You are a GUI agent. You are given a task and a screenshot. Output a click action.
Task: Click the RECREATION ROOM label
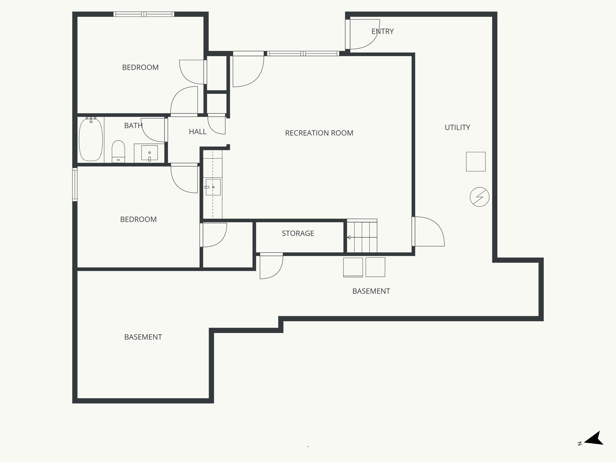coord(319,133)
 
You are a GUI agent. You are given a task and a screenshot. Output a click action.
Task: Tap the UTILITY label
coord(457,128)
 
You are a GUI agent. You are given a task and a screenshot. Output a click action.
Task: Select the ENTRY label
coord(382,31)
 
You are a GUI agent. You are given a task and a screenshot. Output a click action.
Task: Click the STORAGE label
coord(298,233)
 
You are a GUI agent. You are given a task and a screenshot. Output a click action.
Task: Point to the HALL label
coord(198,132)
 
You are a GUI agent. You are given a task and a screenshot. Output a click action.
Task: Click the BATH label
coord(133,126)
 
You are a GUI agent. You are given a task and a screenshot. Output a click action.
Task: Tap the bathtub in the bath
coord(91,140)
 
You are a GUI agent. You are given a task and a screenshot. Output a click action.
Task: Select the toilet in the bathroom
coord(118,151)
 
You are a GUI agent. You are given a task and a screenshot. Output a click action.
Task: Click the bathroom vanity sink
coord(149,153)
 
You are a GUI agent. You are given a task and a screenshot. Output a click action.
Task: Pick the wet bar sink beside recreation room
coord(213,187)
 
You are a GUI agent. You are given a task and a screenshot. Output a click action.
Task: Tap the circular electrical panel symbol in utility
coord(479,197)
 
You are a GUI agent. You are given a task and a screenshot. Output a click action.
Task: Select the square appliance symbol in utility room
coord(476,162)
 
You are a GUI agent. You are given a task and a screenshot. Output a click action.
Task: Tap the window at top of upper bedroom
coord(144,14)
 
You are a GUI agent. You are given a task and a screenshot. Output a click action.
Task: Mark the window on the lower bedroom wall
coord(75,184)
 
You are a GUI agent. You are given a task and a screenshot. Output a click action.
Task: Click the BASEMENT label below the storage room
coord(371,291)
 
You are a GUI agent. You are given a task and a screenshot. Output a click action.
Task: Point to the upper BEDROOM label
coord(140,67)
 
